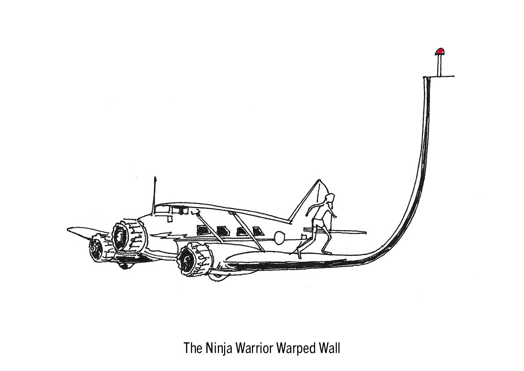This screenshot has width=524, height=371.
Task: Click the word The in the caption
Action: coord(192,348)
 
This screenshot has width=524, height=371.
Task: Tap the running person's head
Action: coord(330,199)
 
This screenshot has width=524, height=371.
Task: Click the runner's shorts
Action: coord(319,221)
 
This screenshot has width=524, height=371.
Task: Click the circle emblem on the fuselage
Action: coord(279,236)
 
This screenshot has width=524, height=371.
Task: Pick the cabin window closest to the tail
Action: coord(257,231)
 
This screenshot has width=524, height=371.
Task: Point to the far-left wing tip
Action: coord(70,230)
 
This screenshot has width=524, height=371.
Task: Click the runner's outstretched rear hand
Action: coord(334,217)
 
